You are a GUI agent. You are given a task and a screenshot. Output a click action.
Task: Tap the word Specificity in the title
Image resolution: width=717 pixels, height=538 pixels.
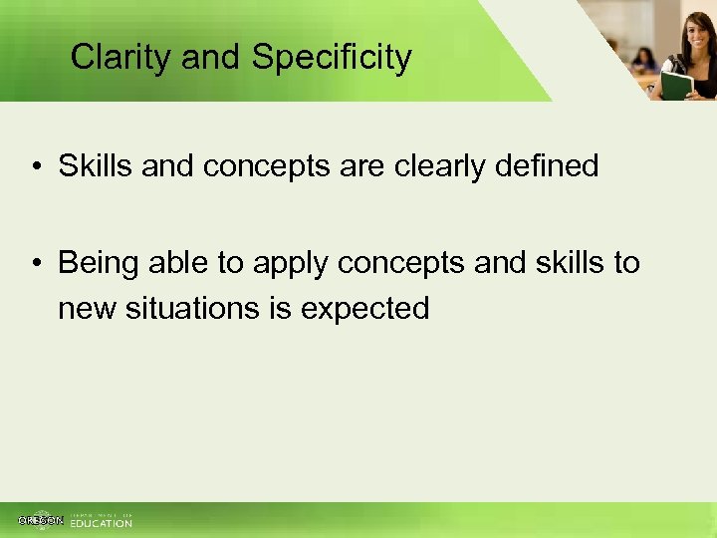[332, 58]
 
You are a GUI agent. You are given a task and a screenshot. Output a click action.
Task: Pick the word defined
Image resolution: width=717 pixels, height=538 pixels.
[554, 165]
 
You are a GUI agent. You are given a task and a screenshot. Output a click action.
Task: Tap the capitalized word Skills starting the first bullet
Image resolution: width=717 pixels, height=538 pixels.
[96, 165]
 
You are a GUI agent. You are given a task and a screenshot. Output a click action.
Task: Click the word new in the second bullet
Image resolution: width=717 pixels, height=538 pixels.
[88, 310]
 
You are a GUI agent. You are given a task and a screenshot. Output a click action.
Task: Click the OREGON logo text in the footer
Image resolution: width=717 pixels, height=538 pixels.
[41, 520]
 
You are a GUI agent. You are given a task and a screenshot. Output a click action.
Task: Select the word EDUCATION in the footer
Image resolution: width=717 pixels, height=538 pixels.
[101, 523]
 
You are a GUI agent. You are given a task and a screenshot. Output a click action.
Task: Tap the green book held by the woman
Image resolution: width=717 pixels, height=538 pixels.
[677, 85]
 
